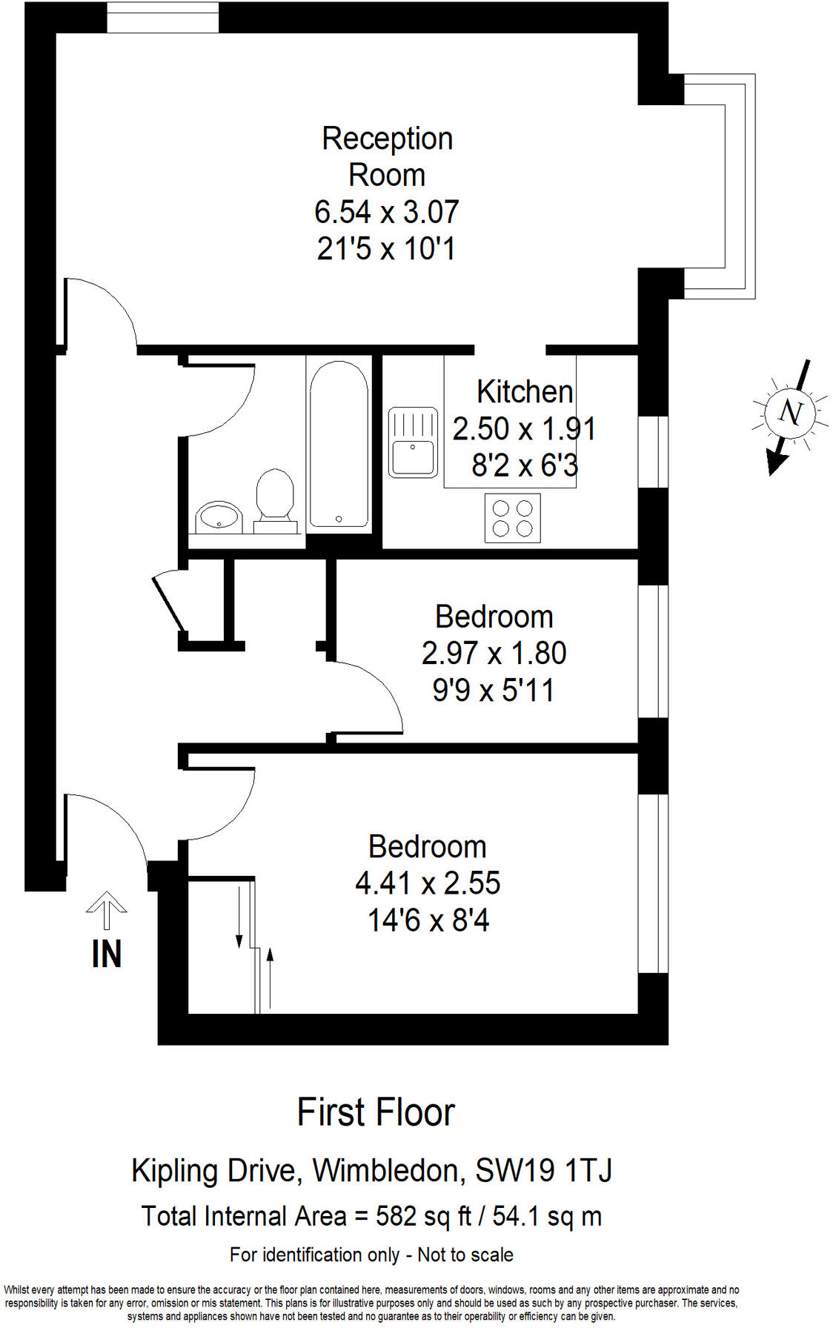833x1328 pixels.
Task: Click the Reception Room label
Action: pyautogui.click(x=387, y=156)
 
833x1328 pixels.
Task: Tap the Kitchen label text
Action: pyautogui.click(x=525, y=392)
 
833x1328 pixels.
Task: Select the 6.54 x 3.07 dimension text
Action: pyautogui.click(x=387, y=212)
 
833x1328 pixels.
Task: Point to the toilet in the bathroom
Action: pyautogui.click(x=275, y=497)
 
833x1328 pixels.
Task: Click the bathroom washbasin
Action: pyautogui.click(x=219, y=517)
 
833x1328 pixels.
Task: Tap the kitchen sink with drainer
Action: pyautogui.click(x=413, y=443)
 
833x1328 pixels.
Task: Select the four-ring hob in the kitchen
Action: pyautogui.click(x=513, y=518)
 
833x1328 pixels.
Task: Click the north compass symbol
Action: pyautogui.click(x=790, y=413)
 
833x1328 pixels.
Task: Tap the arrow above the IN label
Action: pyautogui.click(x=106, y=909)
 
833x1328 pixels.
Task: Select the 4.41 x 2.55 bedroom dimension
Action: pyautogui.click(x=428, y=883)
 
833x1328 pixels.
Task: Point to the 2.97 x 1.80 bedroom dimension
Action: pyautogui.click(x=494, y=654)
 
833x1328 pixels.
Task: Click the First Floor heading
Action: pyautogui.click(x=376, y=1112)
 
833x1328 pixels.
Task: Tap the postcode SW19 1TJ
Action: pyautogui.click(x=543, y=1171)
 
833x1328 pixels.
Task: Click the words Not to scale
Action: pyautogui.click(x=465, y=1255)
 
